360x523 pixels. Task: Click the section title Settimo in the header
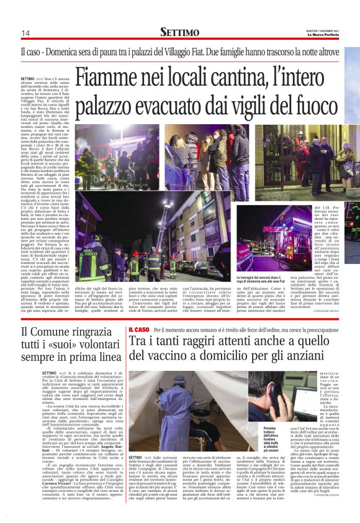(179, 32)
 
